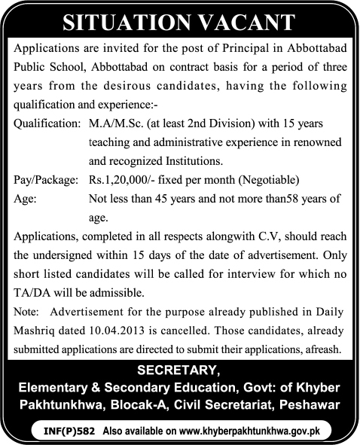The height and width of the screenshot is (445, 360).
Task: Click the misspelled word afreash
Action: (321, 349)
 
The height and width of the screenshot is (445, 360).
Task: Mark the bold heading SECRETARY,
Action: (178, 370)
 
